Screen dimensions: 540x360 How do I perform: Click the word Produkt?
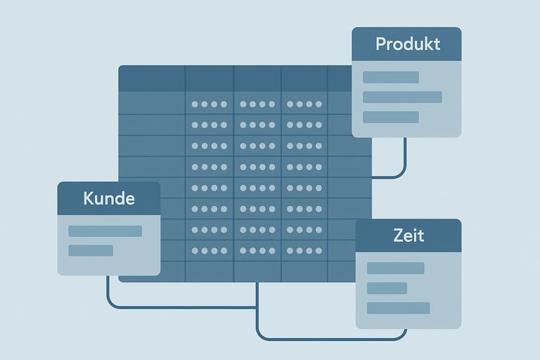tap(408, 44)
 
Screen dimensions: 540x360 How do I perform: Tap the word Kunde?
tap(109, 198)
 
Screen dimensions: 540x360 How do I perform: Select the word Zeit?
tap(409, 236)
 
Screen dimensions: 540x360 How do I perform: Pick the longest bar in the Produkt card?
tap(402, 97)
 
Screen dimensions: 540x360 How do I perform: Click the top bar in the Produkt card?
tap(391, 77)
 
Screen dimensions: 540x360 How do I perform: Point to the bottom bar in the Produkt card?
tap(391, 117)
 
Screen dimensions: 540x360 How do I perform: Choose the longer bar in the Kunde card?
tap(105, 231)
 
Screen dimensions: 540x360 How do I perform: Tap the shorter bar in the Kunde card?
tap(91, 250)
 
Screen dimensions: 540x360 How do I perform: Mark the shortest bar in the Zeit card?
tap(387, 288)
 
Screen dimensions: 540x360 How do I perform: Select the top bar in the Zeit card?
tap(395, 268)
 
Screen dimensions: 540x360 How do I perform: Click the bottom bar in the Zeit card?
tap(398, 308)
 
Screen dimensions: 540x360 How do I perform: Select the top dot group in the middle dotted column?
tap(257, 104)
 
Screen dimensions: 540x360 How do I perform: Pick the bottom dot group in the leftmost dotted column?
tap(210, 250)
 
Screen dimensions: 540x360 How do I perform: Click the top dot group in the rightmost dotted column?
tap(304, 104)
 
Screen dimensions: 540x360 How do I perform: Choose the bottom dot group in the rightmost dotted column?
tap(304, 250)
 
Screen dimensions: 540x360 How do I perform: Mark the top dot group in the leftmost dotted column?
tap(210, 104)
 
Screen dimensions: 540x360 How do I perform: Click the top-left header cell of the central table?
tap(151, 78)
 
